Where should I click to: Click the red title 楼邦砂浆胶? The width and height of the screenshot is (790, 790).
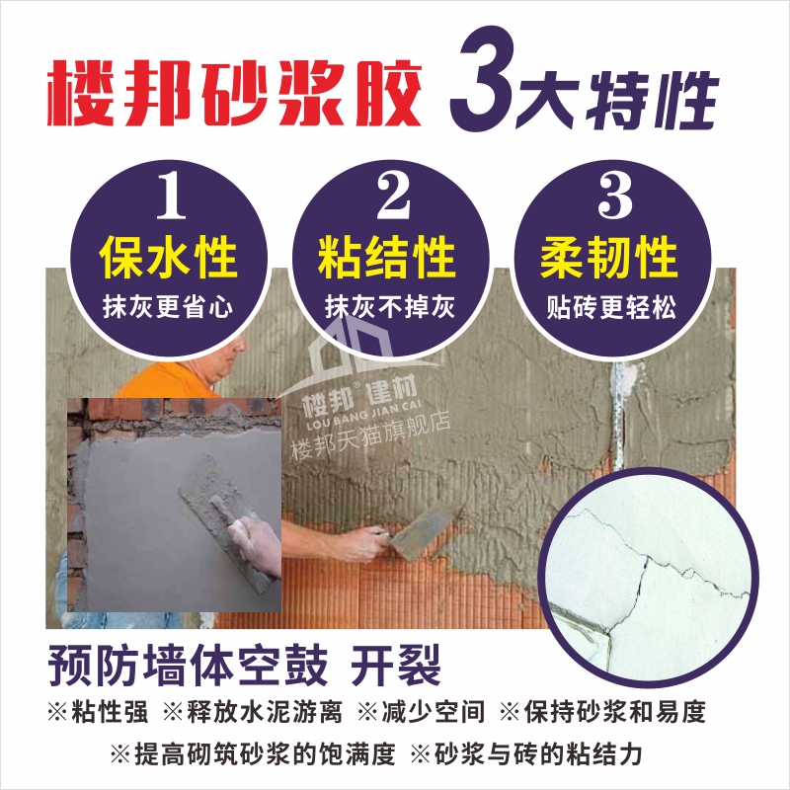point(234,93)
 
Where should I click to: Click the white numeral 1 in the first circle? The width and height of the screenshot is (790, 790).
point(171,195)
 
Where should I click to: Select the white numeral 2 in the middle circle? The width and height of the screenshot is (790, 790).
point(393,195)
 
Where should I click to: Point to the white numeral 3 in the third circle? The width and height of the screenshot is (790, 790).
point(614,195)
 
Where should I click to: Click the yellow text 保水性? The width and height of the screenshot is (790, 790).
point(168,257)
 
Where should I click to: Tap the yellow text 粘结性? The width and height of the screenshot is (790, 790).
point(387,257)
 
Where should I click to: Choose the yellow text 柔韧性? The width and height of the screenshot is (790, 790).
point(608,257)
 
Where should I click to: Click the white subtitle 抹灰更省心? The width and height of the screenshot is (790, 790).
point(168,307)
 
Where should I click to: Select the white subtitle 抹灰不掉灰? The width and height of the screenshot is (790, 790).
point(390,307)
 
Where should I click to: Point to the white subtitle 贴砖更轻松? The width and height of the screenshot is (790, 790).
point(611,307)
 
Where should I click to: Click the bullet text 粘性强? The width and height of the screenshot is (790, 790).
point(110,712)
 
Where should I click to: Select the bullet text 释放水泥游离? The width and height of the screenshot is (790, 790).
point(265,712)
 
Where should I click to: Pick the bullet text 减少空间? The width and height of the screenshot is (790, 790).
point(434,712)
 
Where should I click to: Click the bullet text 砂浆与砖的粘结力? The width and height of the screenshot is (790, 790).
point(538,754)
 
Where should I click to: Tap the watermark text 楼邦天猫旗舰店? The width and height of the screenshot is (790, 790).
point(371,434)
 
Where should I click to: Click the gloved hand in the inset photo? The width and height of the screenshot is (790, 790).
point(256,546)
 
